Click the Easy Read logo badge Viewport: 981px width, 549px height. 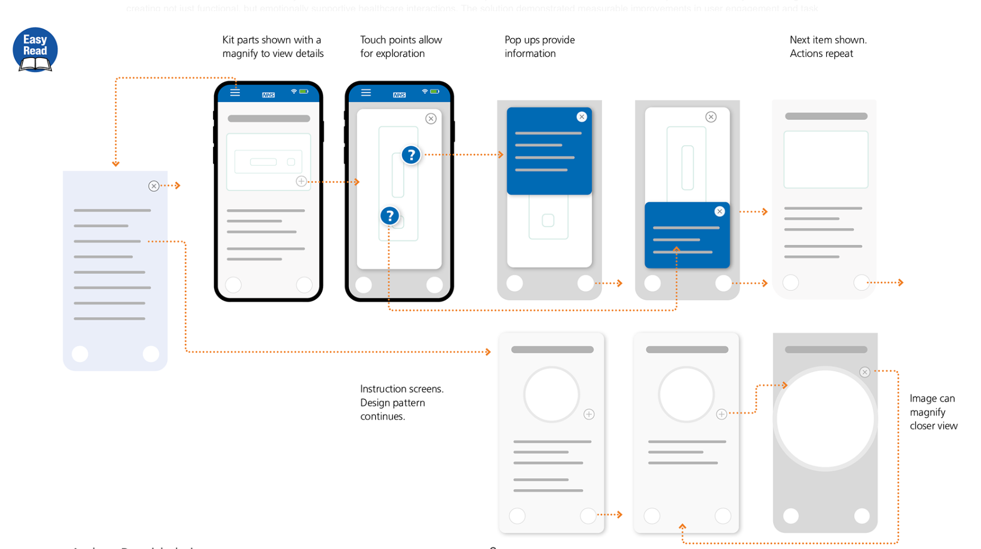[x=35, y=50]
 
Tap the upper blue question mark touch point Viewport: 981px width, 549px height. [x=411, y=155]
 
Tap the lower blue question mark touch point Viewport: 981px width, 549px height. [x=390, y=216]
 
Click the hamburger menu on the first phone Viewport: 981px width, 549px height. [x=235, y=92]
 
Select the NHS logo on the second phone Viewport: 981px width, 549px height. [x=399, y=95]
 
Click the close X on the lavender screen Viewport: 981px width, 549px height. [x=154, y=186]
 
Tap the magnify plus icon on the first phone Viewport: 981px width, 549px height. [x=301, y=181]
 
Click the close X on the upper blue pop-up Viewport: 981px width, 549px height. [x=582, y=117]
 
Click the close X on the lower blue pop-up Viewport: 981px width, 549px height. [x=719, y=211]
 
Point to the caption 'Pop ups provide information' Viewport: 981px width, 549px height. [x=539, y=47]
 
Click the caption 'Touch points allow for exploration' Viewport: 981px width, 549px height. [x=401, y=47]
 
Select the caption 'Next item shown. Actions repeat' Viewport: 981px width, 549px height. [x=827, y=47]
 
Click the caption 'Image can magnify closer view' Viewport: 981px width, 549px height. [x=933, y=412]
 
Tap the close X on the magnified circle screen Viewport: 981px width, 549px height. [x=865, y=372]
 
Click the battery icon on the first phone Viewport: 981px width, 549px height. [x=304, y=92]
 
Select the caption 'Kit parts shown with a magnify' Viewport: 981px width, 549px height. [x=273, y=47]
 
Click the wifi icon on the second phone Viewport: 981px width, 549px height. [x=425, y=92]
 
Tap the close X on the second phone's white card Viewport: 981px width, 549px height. [x=431, y=118]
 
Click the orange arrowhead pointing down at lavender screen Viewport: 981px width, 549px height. [x=116, y=164]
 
